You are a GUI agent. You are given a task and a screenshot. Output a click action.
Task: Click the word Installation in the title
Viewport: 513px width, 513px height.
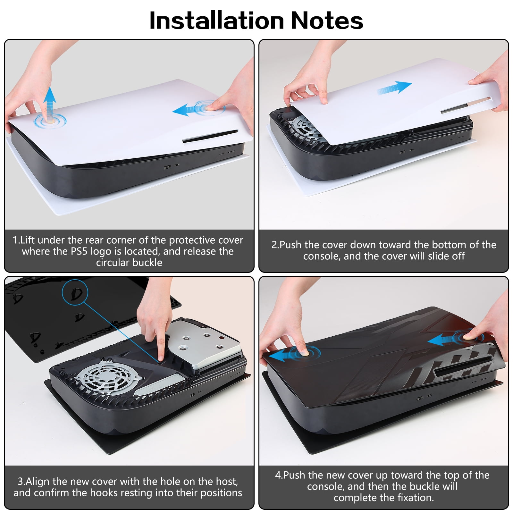point(217,21)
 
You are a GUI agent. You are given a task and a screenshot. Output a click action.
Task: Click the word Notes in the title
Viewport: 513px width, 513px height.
point(327,21)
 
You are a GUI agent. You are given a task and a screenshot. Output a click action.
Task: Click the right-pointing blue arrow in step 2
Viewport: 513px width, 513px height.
point(394,88)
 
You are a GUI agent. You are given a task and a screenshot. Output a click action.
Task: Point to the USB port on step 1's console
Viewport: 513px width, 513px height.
point(167,167)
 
